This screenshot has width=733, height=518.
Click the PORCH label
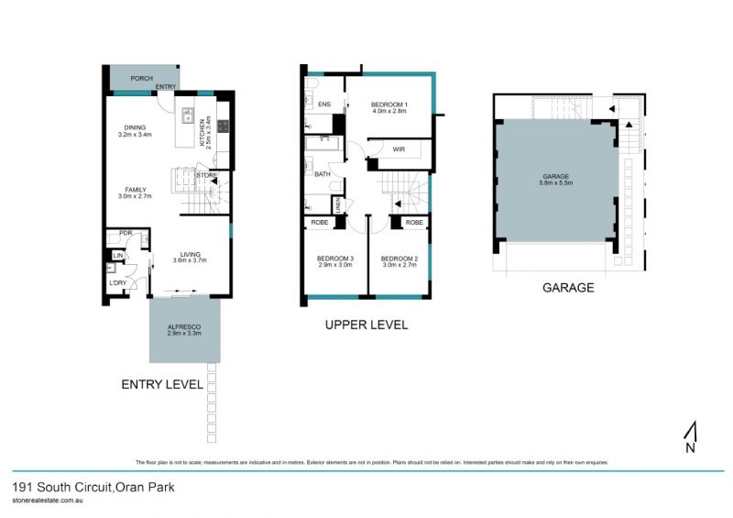(x=141, y=79)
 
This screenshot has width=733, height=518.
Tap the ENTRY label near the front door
(x=166, y=87)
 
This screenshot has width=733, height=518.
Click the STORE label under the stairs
(x=206, y=174)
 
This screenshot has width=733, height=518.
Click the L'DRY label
(x=118, y=281)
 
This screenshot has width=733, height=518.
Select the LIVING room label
(x=190, y=255)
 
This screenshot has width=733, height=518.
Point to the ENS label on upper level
(x=323, y=105)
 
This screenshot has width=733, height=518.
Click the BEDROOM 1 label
(x=388, y=105)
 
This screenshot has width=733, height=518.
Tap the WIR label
(x=399, y=148)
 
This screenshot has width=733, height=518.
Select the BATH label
(x=322, y=173)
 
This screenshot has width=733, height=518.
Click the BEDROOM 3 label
(x=334, y=258)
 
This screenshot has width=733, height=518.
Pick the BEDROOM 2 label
(x=399, y=258)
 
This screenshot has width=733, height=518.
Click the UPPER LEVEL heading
(x=366, y=325)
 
